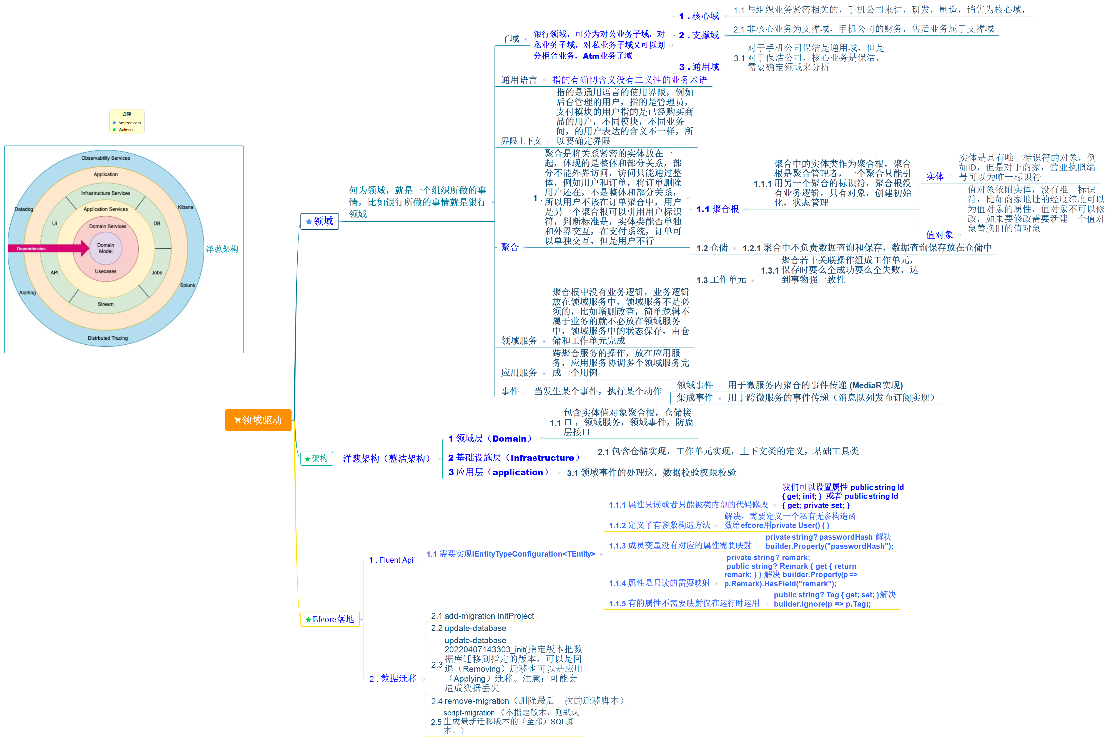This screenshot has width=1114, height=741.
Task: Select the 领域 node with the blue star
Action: click(320, 221)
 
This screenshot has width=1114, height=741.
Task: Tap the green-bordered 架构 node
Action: click(317, 458)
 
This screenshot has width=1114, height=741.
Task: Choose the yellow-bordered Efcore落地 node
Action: click(330, 619)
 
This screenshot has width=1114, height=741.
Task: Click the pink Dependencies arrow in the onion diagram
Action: click(47, 248)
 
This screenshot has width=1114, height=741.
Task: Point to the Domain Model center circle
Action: click(105, 248)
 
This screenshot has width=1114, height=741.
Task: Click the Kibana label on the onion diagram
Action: click(185, 207)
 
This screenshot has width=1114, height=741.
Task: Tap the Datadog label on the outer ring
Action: click(24, 209)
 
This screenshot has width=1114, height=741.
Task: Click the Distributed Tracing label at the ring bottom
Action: click(108, 338)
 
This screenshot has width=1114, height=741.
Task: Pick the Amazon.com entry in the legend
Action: click(129, 123)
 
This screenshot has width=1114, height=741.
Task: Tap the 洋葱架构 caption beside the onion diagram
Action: click(222, 249)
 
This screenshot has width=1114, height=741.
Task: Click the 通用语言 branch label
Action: click(519, 80)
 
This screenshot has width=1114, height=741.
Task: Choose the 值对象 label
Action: click(939, 234)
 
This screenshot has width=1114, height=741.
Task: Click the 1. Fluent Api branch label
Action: click(391, 560)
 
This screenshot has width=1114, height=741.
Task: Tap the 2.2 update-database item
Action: click(468, 628)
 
